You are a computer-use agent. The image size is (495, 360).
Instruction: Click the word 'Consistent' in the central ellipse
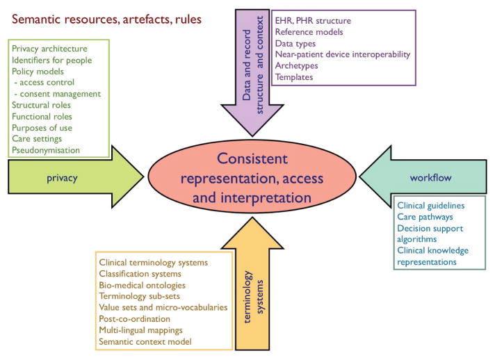pyautogui.click(x=250, y=158)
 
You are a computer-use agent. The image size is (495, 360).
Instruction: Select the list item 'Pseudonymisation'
pyautogui.click(x=46, y=149)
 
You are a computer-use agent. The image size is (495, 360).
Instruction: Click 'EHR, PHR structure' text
pyautogui.click(x=312, y=21)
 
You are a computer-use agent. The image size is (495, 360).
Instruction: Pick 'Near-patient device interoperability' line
pyautogui.click(x=342, y=54)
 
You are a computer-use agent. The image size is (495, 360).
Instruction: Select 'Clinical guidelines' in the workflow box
pyautogui.click(x=430, y=206)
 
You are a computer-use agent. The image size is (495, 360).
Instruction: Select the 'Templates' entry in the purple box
pyautogui.click(x=294, y=76)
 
